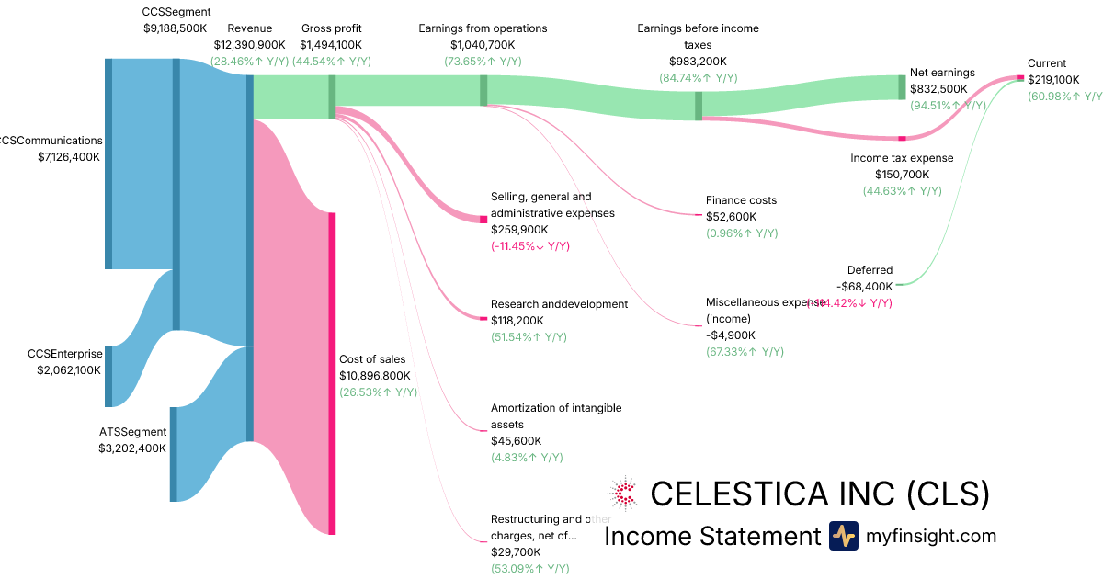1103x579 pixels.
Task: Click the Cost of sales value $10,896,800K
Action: click(375, 376)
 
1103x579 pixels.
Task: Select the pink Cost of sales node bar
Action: click(332, 372)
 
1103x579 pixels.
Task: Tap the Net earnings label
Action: click(942, 73)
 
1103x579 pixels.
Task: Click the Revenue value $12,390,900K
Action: click(249, 44)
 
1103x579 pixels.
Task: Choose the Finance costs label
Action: click(741, 200)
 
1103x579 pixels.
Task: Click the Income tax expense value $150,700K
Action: click(902, 175)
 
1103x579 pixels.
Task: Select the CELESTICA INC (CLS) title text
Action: click(820, 494)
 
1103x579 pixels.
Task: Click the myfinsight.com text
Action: click(930, 536)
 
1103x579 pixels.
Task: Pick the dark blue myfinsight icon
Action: click(843, 536)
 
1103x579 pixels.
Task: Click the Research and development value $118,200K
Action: click(517, 321)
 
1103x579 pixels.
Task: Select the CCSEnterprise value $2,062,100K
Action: click(64, 370)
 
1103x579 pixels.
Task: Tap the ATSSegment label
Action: click(132, 432)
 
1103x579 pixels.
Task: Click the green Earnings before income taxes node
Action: click(699, 106)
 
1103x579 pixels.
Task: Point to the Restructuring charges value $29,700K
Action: click(516, 552)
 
